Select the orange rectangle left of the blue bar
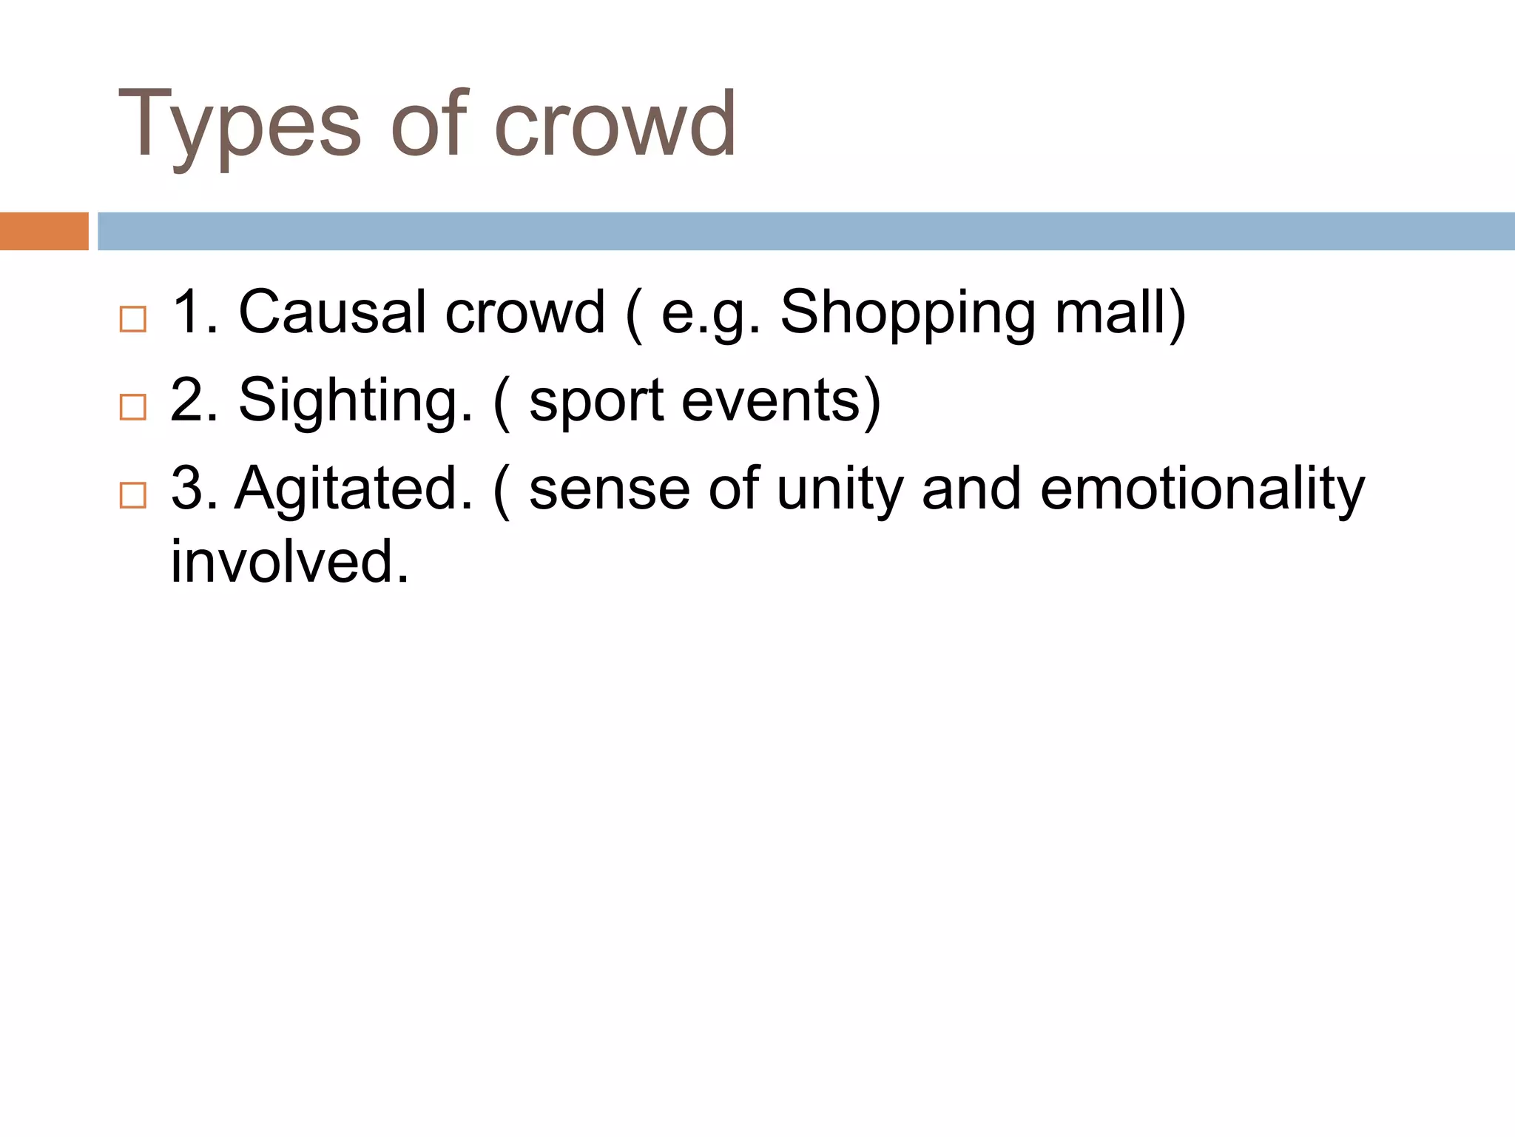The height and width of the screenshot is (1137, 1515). coord(44,231)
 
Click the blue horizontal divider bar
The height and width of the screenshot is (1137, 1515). coord(806,231)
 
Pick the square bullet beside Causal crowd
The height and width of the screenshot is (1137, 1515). coord(133,319)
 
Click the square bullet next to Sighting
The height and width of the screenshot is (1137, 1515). coord(133,407)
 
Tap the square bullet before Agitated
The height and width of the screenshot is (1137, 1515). coord(133,494)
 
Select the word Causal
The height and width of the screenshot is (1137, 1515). coord(332,312)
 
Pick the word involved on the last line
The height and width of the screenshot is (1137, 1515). coord(289,561)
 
